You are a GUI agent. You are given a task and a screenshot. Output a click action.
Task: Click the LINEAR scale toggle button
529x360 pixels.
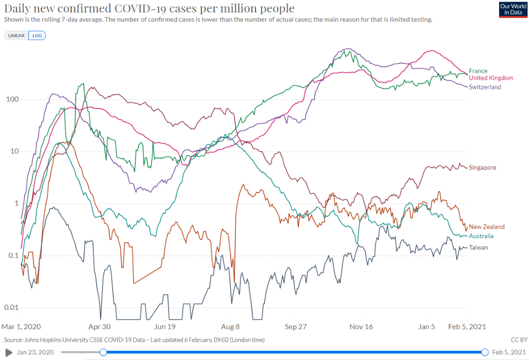17,36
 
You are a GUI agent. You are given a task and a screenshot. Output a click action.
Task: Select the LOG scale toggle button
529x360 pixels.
37,36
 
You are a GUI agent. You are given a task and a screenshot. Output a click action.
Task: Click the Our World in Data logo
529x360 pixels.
513,10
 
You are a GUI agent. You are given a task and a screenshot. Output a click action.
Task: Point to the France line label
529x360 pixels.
478,71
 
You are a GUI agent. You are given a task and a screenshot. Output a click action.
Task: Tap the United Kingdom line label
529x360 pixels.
491,78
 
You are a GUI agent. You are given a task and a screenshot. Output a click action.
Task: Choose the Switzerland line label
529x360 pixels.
485,87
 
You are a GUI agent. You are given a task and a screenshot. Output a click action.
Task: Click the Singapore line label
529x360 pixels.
483,168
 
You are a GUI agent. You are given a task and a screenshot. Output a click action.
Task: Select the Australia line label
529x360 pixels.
481,237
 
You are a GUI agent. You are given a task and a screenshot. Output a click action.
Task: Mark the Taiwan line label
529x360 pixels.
478,248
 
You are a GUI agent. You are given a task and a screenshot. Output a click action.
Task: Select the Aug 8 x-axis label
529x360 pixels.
230,327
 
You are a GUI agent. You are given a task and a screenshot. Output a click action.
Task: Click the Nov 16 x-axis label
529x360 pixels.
361,327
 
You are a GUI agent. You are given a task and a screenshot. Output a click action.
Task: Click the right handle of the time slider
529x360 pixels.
485,352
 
